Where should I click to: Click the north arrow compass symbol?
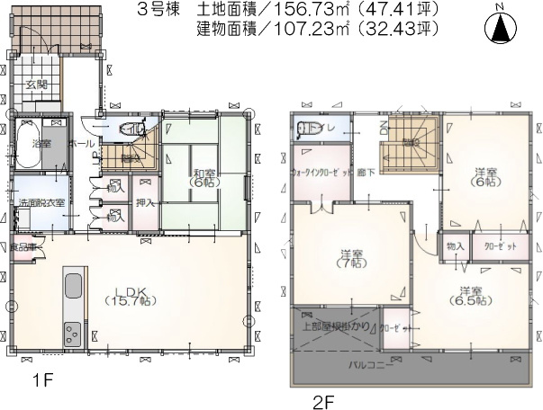click(500, 26)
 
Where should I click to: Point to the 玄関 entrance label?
click(36, 85)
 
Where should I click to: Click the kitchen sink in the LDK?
click(72, 290)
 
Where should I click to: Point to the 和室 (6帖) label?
click(201, 177)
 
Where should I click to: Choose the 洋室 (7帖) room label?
click(348, 257)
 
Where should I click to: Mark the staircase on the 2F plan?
click(408, 144)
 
